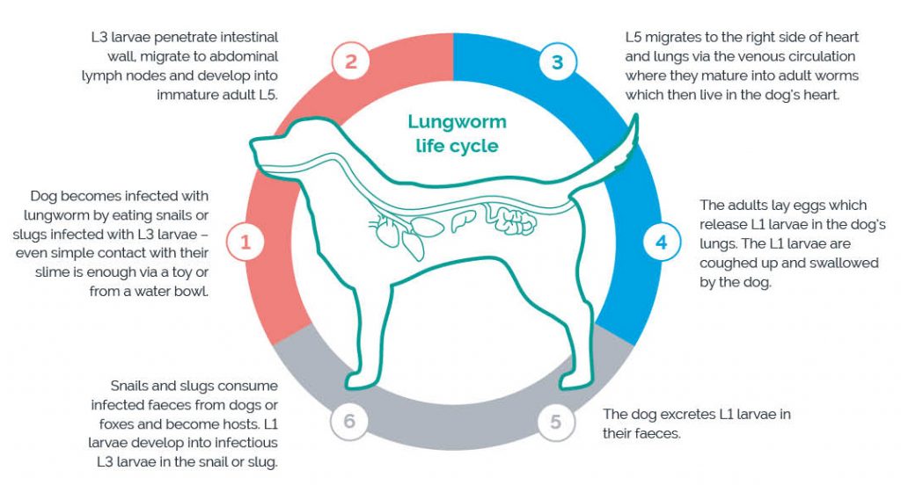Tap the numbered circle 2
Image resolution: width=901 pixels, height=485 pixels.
click(x=351, y=62)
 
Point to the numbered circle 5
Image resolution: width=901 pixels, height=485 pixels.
click(x=555, y=423)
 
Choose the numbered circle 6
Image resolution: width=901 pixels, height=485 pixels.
click(x=349, y=423)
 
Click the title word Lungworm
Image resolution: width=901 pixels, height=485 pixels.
click(x=457, y=122)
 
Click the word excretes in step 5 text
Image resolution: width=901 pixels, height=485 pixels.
click(x=693, y=413)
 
